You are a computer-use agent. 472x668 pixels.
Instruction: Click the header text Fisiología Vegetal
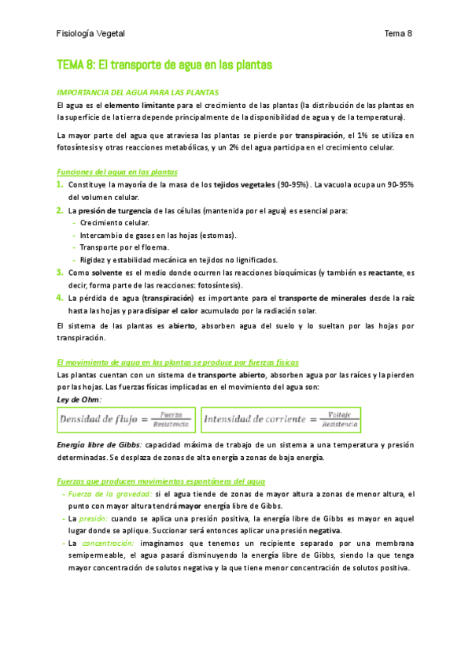click(x=91, y=34)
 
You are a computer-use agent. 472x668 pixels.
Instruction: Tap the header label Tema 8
click(x=398, y=34)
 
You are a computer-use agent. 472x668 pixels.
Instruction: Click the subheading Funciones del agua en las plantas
click(x=117, y=172)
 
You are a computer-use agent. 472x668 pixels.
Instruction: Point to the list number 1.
click(x=61, y=184)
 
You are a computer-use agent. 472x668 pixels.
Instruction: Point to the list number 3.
click(x=61, y=272)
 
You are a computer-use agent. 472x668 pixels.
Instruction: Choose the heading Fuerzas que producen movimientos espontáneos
click(x=161, y=481)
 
